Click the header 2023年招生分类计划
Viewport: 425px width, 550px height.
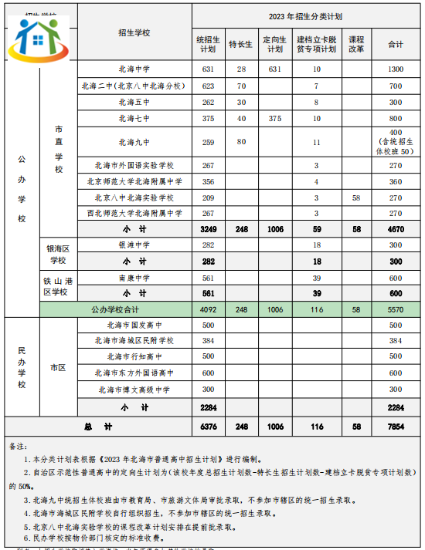(304, 15)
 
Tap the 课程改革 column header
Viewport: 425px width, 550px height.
(356, 44)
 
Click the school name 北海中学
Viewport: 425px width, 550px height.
(135, 69)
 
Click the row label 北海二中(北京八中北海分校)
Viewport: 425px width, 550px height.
(135, 86)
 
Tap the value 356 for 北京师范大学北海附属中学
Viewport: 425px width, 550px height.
(208, 182)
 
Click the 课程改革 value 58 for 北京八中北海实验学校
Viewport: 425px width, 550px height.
(356, 198)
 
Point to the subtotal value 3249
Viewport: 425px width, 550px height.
(208, 230)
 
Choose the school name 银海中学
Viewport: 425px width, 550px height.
(135, 245)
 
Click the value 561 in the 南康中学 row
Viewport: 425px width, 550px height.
(208, 278)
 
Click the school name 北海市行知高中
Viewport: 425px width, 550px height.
(135, 356)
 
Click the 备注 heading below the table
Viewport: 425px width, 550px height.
(17, 446)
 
